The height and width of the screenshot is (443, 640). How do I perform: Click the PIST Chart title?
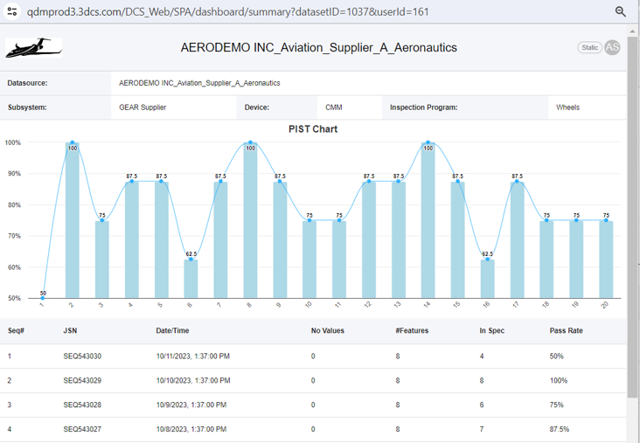coord(313,129)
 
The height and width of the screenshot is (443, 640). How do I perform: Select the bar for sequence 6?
coord(191,279)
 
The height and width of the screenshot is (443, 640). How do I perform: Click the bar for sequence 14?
coord(428,220)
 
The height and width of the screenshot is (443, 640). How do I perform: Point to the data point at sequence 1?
coord(43,298)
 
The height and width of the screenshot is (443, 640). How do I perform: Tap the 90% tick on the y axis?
coord(13,174)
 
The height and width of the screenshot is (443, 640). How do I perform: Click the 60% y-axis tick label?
coord(13,267)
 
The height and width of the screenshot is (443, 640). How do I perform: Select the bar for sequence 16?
coord(487,279)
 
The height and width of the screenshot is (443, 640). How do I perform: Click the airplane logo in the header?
coord(33,48)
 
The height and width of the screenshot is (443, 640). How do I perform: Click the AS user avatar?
coord(612,47)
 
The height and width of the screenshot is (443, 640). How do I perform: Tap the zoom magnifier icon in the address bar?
coord(621,11)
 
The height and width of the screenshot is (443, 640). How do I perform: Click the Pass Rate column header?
coord(566,331)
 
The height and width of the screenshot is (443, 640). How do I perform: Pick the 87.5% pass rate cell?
coord(560,429)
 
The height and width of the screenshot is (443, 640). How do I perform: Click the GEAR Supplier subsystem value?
coord(143,107)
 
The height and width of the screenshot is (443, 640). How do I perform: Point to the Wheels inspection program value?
coord(568,107)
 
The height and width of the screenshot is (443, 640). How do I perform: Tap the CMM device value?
coord(334,107)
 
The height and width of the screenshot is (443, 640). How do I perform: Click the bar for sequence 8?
coord(250,220)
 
